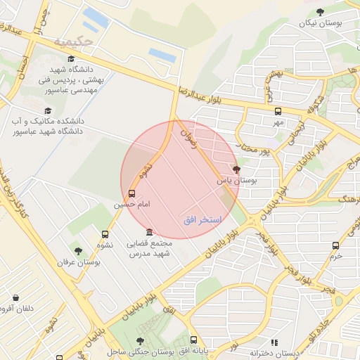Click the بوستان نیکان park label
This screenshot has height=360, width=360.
click(320, 23)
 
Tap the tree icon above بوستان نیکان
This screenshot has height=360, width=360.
click(321, 11)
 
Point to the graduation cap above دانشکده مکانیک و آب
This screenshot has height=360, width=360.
click(48, 110)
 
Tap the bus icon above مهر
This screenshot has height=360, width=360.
click(278, 111)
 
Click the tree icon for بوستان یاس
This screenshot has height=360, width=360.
click(236, 169)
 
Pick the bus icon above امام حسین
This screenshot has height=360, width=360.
click(132, 193)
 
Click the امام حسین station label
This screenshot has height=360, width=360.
click(132, 205)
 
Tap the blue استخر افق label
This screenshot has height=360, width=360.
click(202, 220)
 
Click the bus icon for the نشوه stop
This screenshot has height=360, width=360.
click(105, 234)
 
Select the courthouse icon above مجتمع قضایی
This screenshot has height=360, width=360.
click(148, 233)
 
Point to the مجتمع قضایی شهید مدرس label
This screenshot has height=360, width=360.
click(148, 248)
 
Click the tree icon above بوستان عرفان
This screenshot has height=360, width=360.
click(78, 250)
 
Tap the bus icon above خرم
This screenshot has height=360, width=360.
click(335, 245)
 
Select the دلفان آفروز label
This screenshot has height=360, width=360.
click(15, 307)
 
